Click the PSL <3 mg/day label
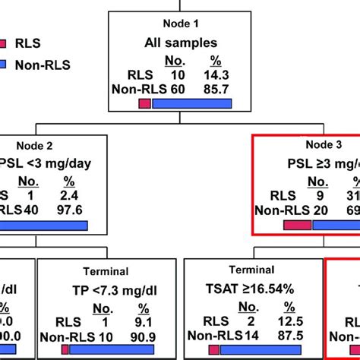tap(42, 167)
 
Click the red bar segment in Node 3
tap(297, 226)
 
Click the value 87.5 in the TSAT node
tap(287, 334)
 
